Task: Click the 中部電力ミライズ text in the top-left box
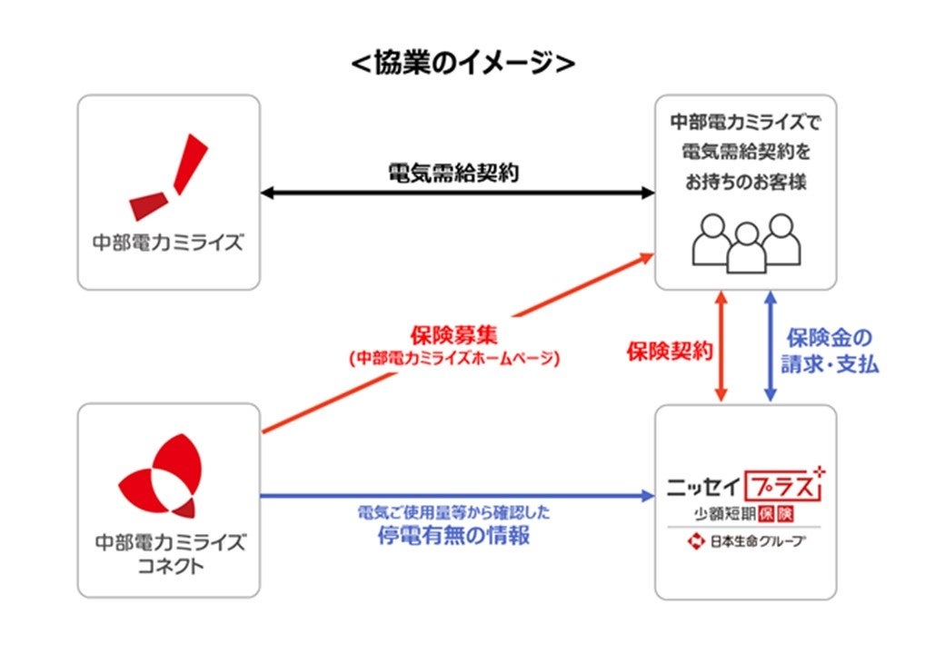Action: [x=169, y=243]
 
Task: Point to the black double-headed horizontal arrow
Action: [x=457, y=193]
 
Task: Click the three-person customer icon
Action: [x=746, y=242]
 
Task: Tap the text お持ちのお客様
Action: [x=746, y=183]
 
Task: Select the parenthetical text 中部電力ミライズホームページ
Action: [x=453, y=359]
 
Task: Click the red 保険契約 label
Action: [x=668, y=352]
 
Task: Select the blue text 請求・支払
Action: [x=830, y=364]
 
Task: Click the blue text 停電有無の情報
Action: [x=453, y=536]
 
